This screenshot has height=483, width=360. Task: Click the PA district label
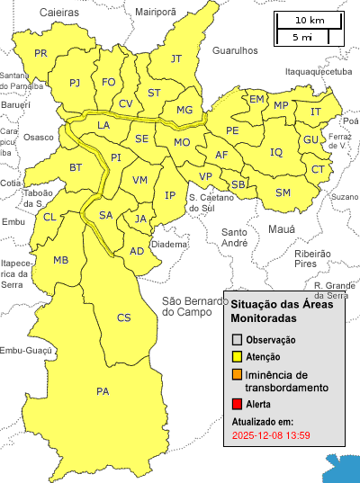[102, 391]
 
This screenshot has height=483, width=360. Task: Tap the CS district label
[124, 318]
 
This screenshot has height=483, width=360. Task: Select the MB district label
[61, 261]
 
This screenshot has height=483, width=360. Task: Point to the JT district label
[176, 59]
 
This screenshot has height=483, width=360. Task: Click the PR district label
[40, 54]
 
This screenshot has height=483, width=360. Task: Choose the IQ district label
[276, 153]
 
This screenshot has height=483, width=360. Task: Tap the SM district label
[283, 193]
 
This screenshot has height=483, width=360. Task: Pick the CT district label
[318, 170]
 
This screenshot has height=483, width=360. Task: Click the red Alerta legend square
[238, 405]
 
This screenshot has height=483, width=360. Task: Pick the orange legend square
[238, 375]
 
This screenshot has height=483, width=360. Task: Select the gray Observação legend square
[238, 340]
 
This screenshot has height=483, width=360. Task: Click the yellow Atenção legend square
[238, 357]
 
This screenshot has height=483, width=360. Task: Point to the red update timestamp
[271, 435]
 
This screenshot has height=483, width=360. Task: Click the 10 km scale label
[310, 21]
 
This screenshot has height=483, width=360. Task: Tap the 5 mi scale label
[302, 38]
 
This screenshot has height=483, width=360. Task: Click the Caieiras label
[59, 12]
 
